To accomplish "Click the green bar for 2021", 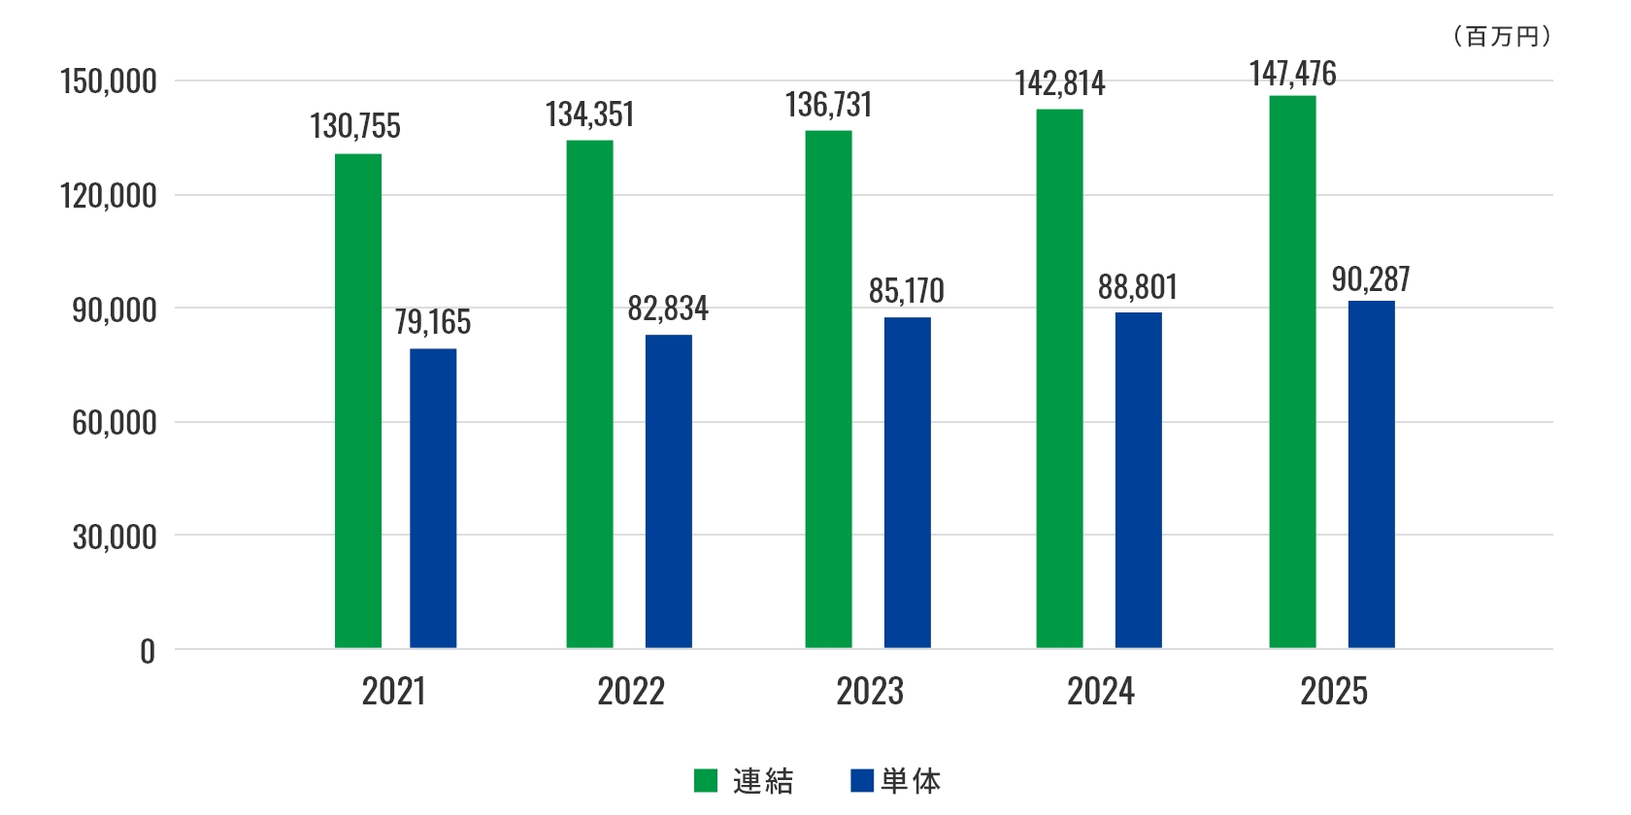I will click(x=358, y=401).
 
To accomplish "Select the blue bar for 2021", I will click(x=433, y=498).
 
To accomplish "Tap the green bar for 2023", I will click(x=828, y=389).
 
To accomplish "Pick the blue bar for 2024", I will click(x=1138, y=480).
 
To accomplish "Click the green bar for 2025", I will click(x=1292, y=372).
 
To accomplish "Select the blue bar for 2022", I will click(x=668, y=491).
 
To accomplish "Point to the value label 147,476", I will click(x=1292, y=74).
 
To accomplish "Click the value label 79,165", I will click(x=432, y=322).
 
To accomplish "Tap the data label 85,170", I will click(x=906, y=291).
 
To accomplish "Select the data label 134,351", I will click(x=589, y=114).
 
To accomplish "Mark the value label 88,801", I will click(x=1137, y=287).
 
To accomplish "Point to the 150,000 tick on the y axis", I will click(x=108, y=81).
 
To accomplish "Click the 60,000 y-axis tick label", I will click(x=114, y=423).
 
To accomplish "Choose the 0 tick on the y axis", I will click(x=148, y=651).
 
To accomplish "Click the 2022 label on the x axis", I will click(x=631, y=692).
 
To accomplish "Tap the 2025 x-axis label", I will click(x=1334, y=692).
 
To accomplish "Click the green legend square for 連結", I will click(x=706, y=780).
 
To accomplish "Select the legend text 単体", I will click(x=911, y=781).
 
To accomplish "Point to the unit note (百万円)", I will click(x=1502, y=37).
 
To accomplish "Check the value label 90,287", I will click(x=1370, y=279).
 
